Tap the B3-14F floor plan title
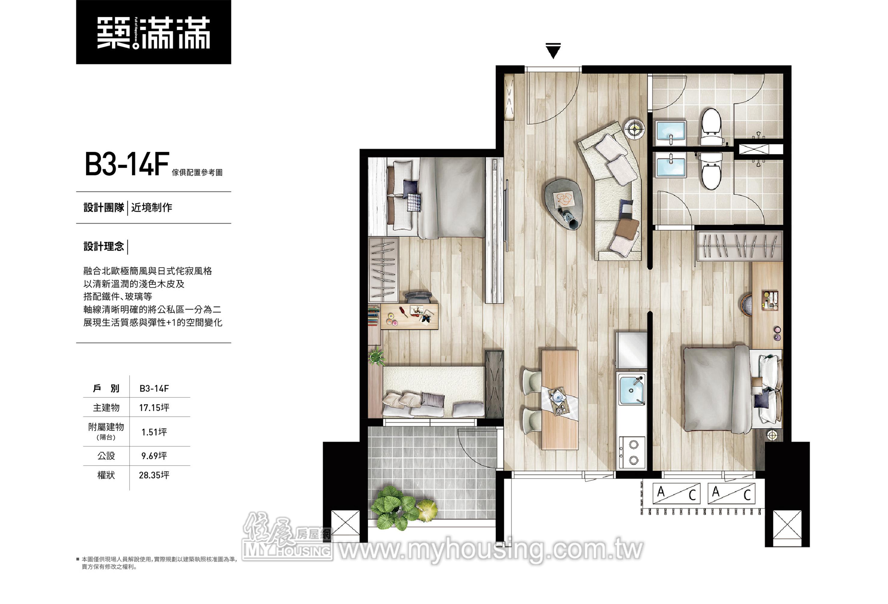[x=127, y=164]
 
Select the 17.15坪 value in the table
[x=154, y=408]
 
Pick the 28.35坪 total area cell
[x=154, y=475]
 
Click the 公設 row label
[x=106, y=456]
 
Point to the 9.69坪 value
[x=154, y=456]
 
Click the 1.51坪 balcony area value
[x=154, y=432]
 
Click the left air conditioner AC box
[x=676, y=494]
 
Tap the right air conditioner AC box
[x=731, y=494]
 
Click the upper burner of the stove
[x=634, y=444]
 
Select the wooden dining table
[x=560, y=399]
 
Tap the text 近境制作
[x=152, y=207]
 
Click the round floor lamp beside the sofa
[x=635, y=129]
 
